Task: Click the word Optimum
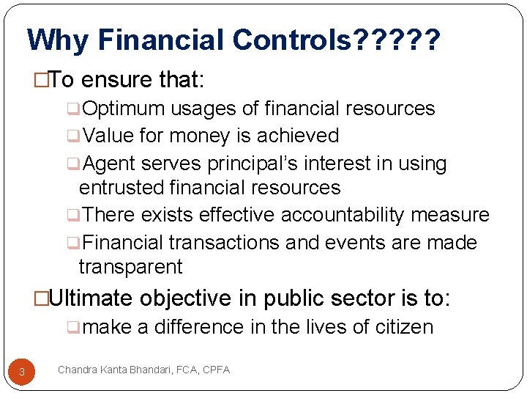124,109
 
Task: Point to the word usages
203,109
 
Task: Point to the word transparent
130,267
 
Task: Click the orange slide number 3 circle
22,372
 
